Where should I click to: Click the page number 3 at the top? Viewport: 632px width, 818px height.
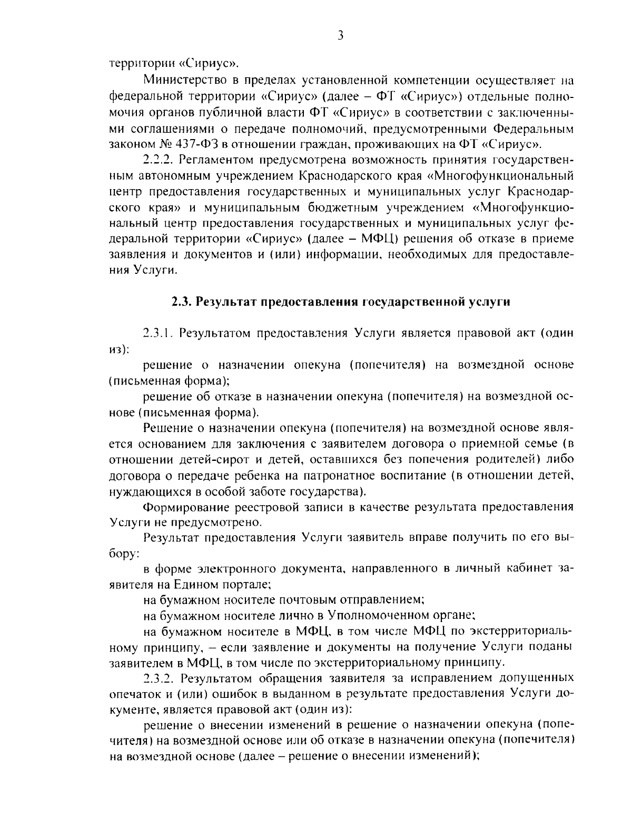pos(340,36)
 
